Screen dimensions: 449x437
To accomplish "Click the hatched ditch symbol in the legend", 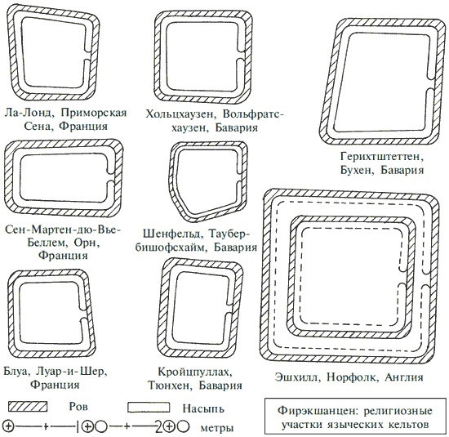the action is [28, 406].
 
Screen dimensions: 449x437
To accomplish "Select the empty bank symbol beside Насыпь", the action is [149, 408].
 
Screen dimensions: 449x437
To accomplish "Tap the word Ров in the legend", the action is [78, 407].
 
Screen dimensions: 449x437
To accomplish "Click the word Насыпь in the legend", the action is [203, 408].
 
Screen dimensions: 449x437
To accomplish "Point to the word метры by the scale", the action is [217, 427].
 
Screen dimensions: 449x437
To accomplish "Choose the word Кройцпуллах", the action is [195, 372].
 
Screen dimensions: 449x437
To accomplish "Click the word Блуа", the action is [17, 372].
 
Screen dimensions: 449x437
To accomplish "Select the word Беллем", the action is [47, 243].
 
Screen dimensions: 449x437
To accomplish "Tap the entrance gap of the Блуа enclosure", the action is [85, 313].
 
